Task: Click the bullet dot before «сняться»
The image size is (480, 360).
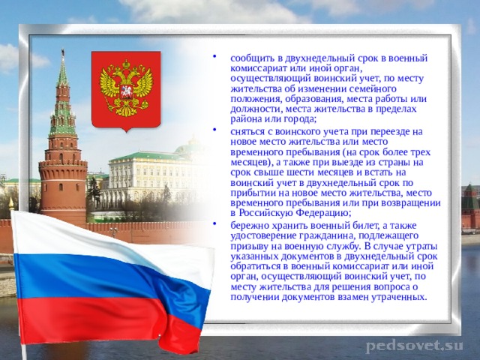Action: tap(217, 128)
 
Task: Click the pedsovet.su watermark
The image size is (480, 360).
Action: tap(413, 346)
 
